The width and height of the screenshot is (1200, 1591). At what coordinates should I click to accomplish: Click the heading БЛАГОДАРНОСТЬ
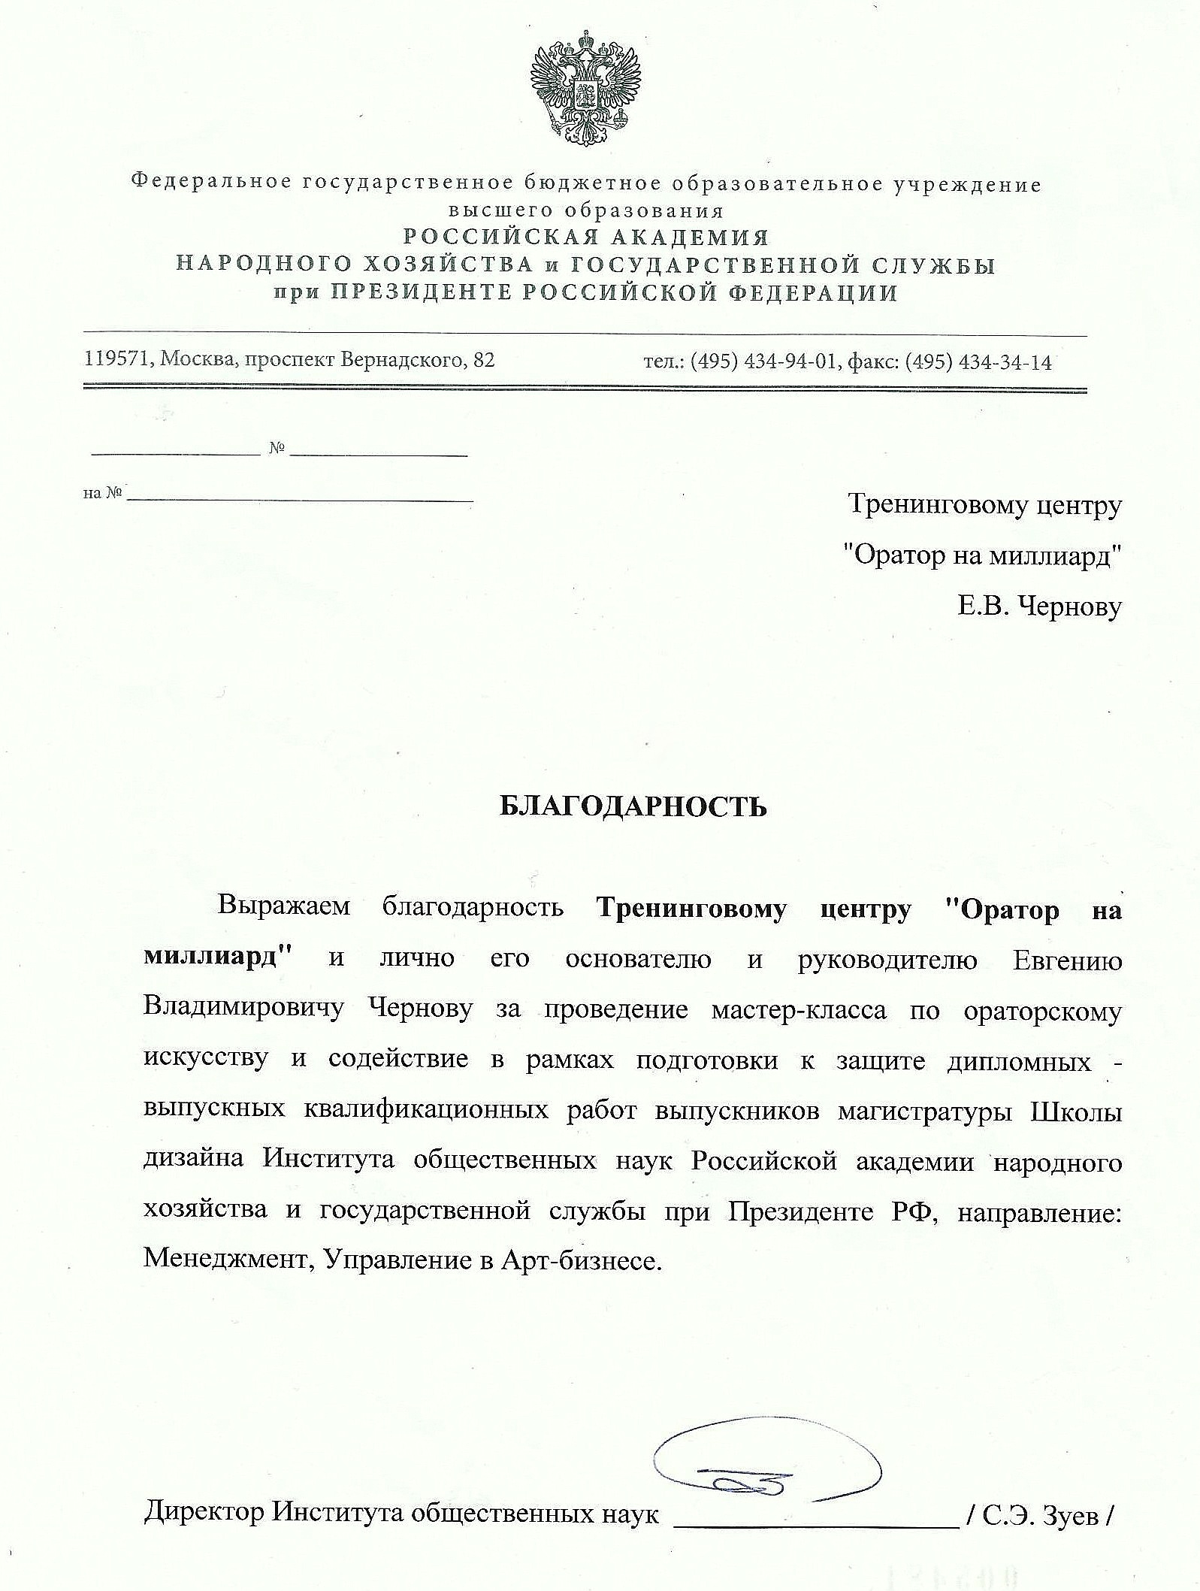[633, 806]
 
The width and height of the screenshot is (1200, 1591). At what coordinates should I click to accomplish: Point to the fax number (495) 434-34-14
[978, 362]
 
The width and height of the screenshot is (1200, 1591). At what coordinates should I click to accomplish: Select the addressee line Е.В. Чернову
[1038, 606]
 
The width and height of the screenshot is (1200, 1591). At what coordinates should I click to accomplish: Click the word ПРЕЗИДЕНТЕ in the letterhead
[422, 292]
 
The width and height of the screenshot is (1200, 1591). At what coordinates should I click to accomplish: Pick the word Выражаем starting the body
[284, 906]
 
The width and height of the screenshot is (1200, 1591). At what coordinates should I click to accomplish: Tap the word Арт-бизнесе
[581, 1260]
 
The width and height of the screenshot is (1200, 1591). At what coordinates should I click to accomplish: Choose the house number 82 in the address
[484, 360]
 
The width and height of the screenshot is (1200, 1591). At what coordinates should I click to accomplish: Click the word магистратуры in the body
[924, 1111]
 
